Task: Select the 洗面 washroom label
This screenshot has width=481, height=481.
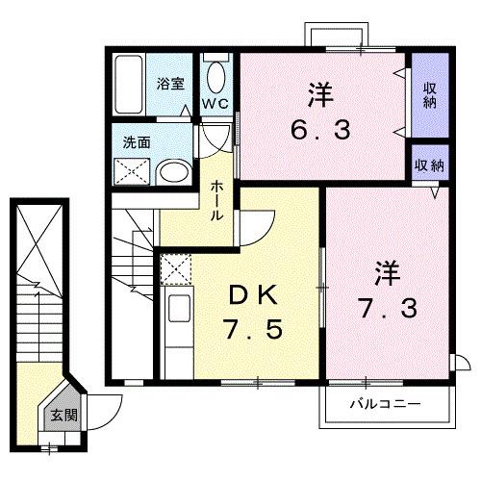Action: coord(135,142)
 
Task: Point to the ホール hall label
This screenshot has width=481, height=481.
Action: coord(218,200)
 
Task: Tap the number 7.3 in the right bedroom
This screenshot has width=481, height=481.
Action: coord(385,307)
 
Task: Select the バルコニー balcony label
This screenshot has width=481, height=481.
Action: coord(384,405)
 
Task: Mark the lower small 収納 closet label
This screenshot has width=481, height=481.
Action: coord(429,165)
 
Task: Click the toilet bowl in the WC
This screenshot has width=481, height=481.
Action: coord(215,76)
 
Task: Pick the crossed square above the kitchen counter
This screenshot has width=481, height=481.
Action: coord(174,269)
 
